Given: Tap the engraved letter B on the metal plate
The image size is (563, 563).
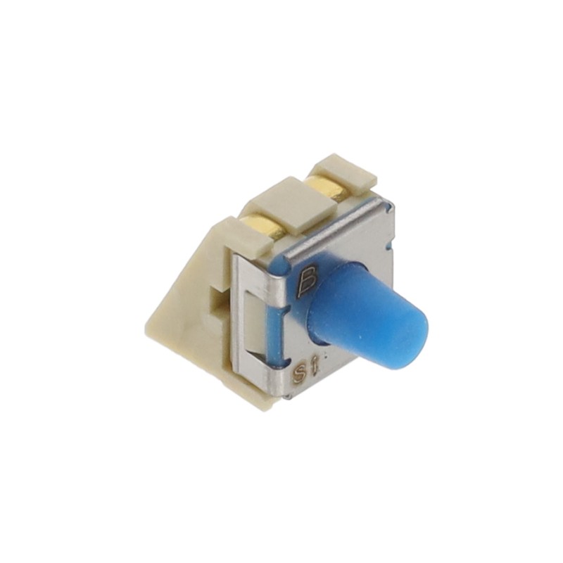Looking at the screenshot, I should (x=308, y=282).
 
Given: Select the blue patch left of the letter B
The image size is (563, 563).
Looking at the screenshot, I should (x=280, y=264).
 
